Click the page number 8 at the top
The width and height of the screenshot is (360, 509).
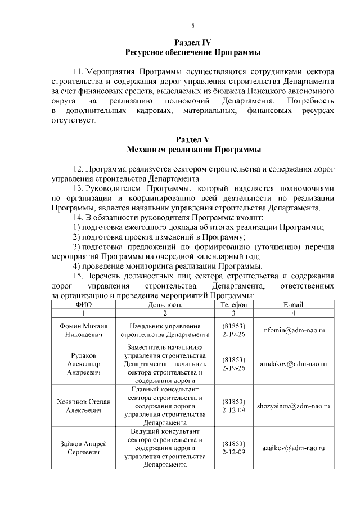193,25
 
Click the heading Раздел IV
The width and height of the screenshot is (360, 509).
193,43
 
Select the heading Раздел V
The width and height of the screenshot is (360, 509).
193,139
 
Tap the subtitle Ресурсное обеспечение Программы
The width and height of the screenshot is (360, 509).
193,52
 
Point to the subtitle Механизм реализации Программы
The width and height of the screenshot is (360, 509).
193,150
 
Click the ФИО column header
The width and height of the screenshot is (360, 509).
83,304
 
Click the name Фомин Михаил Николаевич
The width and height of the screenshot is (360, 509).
83,331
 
